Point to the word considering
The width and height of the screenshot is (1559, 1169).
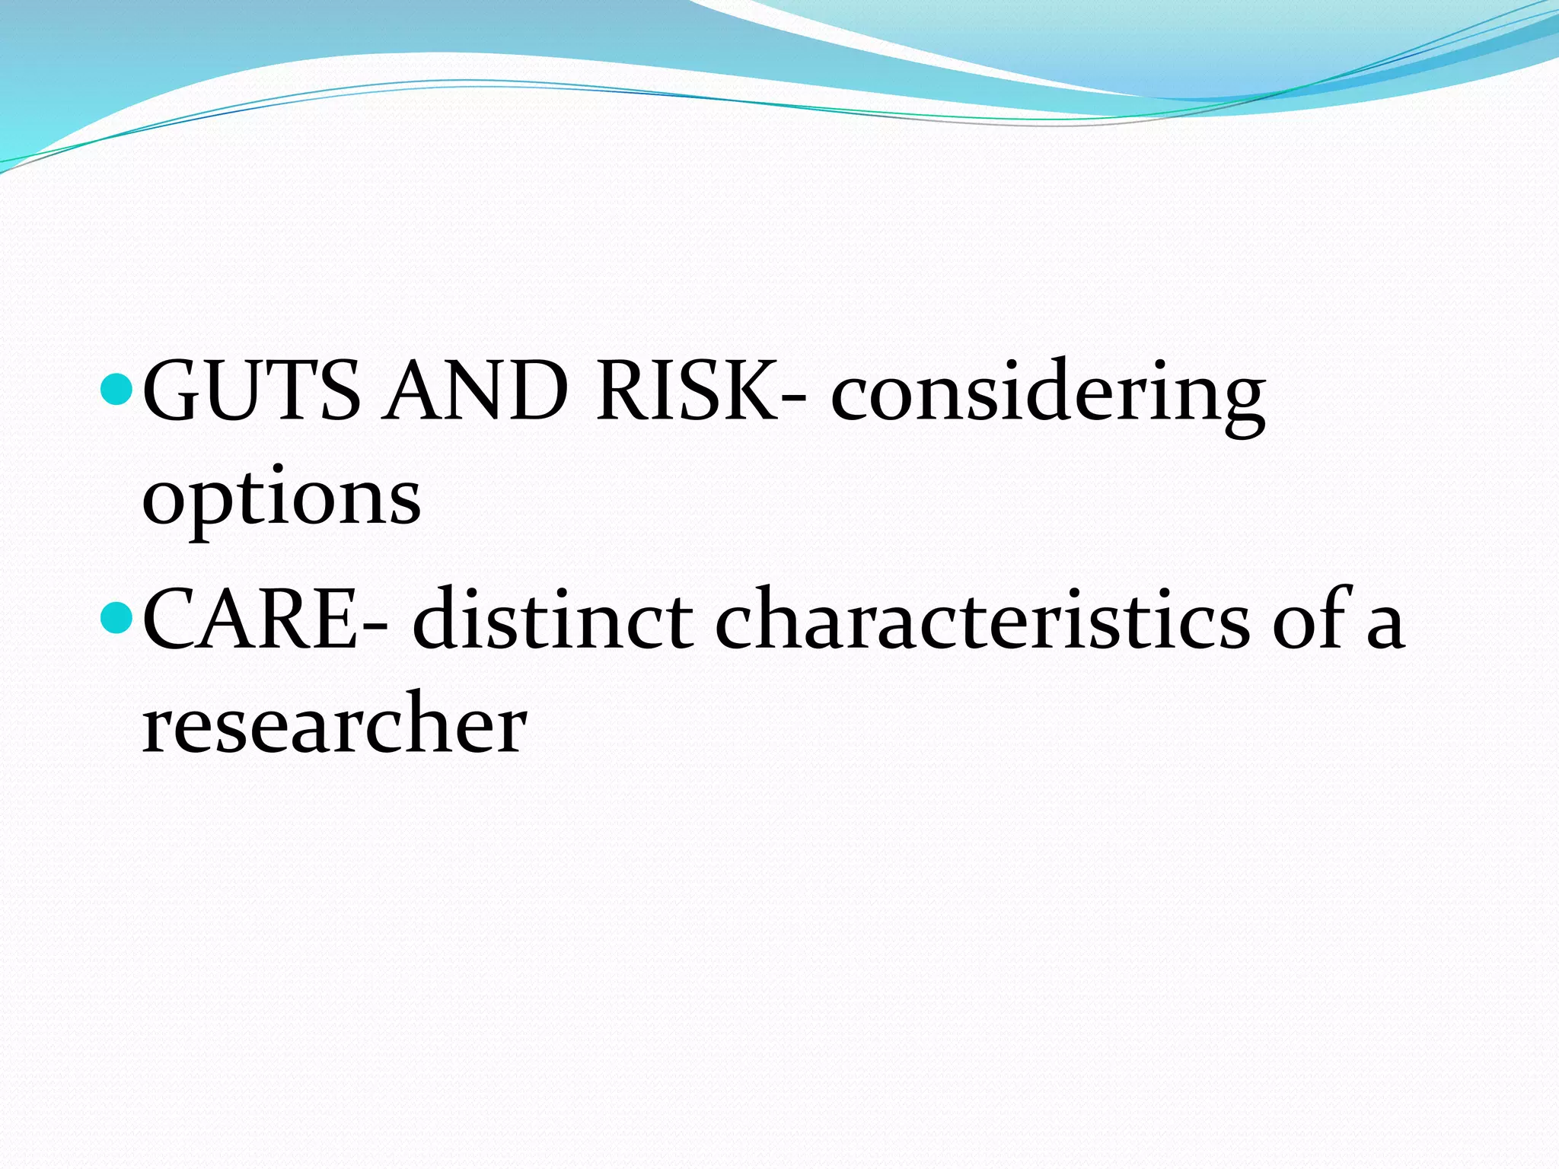pyautogui.click(x=1047, y=396)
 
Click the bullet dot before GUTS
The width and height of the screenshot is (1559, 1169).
pyautogui.click(x=117, y=390)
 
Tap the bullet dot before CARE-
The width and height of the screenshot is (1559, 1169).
pyautogui.click(x=117, y=617)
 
